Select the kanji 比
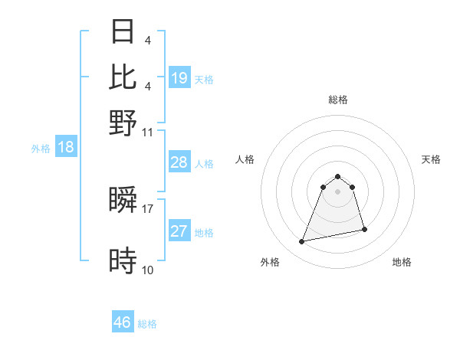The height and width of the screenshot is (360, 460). pyautogui.click(x=123, y=77)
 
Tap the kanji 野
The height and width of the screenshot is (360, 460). pyautogui.click(x=123, y=123)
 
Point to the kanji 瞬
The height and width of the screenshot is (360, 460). pyautogui.click(x=123, y=201)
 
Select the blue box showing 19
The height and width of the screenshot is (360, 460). pyautogui.click(x=179, y=77)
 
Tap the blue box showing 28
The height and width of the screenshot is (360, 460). pyautogui.click(x=179, y=162)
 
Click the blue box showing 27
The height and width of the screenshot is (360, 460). pyautogui.click(x=179, y=231)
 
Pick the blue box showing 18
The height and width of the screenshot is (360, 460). pyautogui.click(x=66, y=147)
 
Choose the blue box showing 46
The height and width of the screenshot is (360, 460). pyautogui.click(x=123, y=322)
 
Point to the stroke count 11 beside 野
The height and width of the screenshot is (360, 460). pyautogui.click(x=148, y=131)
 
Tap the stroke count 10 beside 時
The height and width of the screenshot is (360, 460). pyautogui.click(x=148, y=270)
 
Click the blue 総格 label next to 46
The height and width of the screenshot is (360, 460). pyautogui.click(x=148, y=324)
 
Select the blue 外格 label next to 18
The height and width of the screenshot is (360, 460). pyautogui.click(x=41, y=149)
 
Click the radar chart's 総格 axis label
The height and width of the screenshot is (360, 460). pyautogui.click(x=337, y=100)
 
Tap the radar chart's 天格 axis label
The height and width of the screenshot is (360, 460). pyautogui.click(x=431, y=159)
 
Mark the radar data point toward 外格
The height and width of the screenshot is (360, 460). pyautogui.click(x=302, y=242)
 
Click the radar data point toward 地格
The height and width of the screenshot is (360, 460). pyautogui.click(x=364, y=230)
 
